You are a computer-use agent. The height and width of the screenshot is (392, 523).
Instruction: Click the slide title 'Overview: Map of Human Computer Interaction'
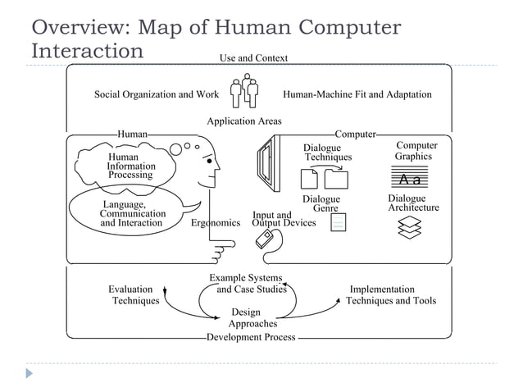[215, 39]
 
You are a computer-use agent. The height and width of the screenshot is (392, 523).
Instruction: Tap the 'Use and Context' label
[253, 57]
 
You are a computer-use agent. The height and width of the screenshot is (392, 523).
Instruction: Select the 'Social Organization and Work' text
[156, 94]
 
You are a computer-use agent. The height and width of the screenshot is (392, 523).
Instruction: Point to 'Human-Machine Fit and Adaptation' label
[357, 94]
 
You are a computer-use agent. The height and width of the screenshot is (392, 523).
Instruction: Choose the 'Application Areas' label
[243, 121]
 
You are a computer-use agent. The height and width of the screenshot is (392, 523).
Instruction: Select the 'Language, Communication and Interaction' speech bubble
[131, 212]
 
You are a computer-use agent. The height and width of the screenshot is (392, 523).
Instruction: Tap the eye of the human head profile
[211, 162]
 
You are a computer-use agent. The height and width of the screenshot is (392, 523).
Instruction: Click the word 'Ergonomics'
[215, 223]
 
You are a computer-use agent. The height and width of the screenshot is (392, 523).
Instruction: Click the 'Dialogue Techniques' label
[327, 153]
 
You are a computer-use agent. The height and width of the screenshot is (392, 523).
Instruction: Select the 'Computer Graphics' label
[416, 151]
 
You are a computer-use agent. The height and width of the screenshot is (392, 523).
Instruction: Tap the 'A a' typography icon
[409, 179]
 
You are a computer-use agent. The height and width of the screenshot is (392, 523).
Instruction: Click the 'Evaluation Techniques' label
[134, 294]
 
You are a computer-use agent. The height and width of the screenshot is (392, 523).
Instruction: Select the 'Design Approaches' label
[246, 318]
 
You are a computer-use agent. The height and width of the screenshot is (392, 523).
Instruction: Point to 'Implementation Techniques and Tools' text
[390, 294]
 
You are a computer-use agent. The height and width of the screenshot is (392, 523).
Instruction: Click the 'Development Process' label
[250, 337]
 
